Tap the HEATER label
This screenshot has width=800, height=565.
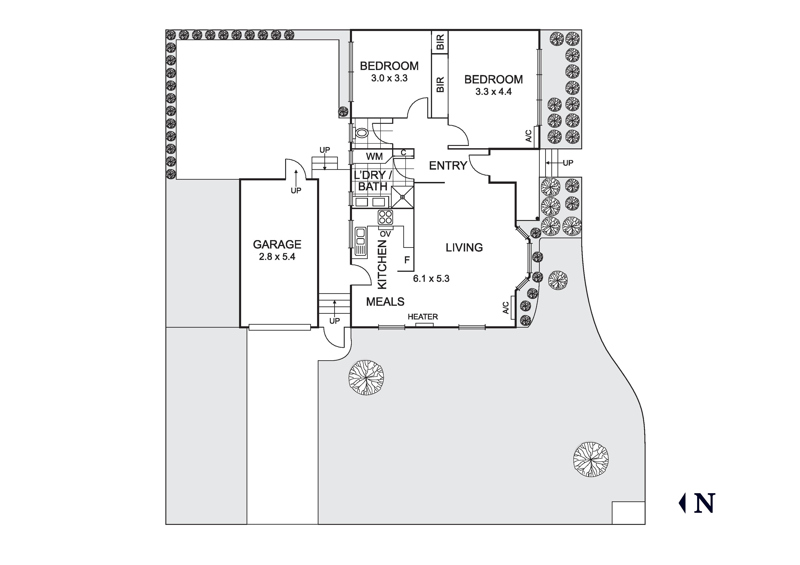[x=423, y=317]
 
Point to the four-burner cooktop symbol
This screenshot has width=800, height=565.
[x=385, y=217]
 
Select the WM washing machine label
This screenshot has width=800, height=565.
[x=374, y=157]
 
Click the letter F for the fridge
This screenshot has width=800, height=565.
[x=407, y=260]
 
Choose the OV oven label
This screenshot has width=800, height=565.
[x=385, y=234]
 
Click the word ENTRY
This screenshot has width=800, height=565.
[x=448, y=166]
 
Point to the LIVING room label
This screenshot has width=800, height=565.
[x=464, y=248]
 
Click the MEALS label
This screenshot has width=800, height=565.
[x=385, y=302]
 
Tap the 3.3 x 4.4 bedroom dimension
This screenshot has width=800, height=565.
[x=493, y=92]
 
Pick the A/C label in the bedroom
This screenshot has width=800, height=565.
[x=529, y=136]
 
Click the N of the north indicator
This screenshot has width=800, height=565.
[x=704, y=503]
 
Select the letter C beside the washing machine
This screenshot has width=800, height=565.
[x=404, y=153]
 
